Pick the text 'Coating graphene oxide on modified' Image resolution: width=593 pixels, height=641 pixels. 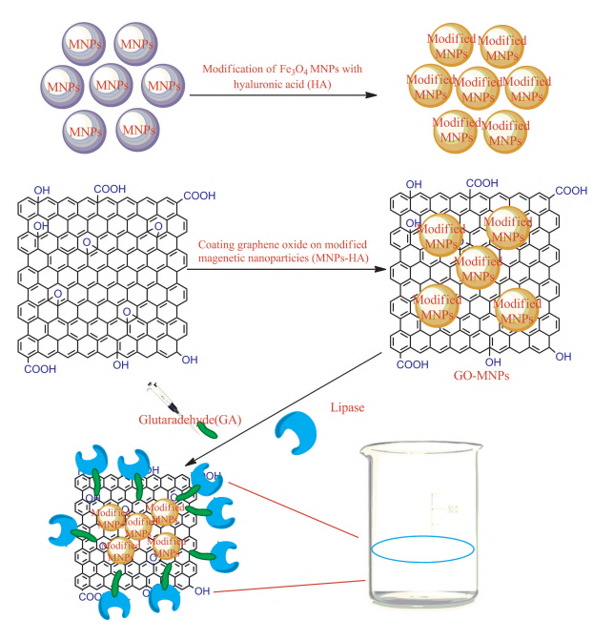coord(281,244)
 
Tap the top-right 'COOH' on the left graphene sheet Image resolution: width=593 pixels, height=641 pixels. coord(199,195)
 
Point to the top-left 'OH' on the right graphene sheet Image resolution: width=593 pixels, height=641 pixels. coord(414,184)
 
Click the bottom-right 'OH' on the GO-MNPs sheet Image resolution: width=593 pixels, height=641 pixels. coord(562,357)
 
